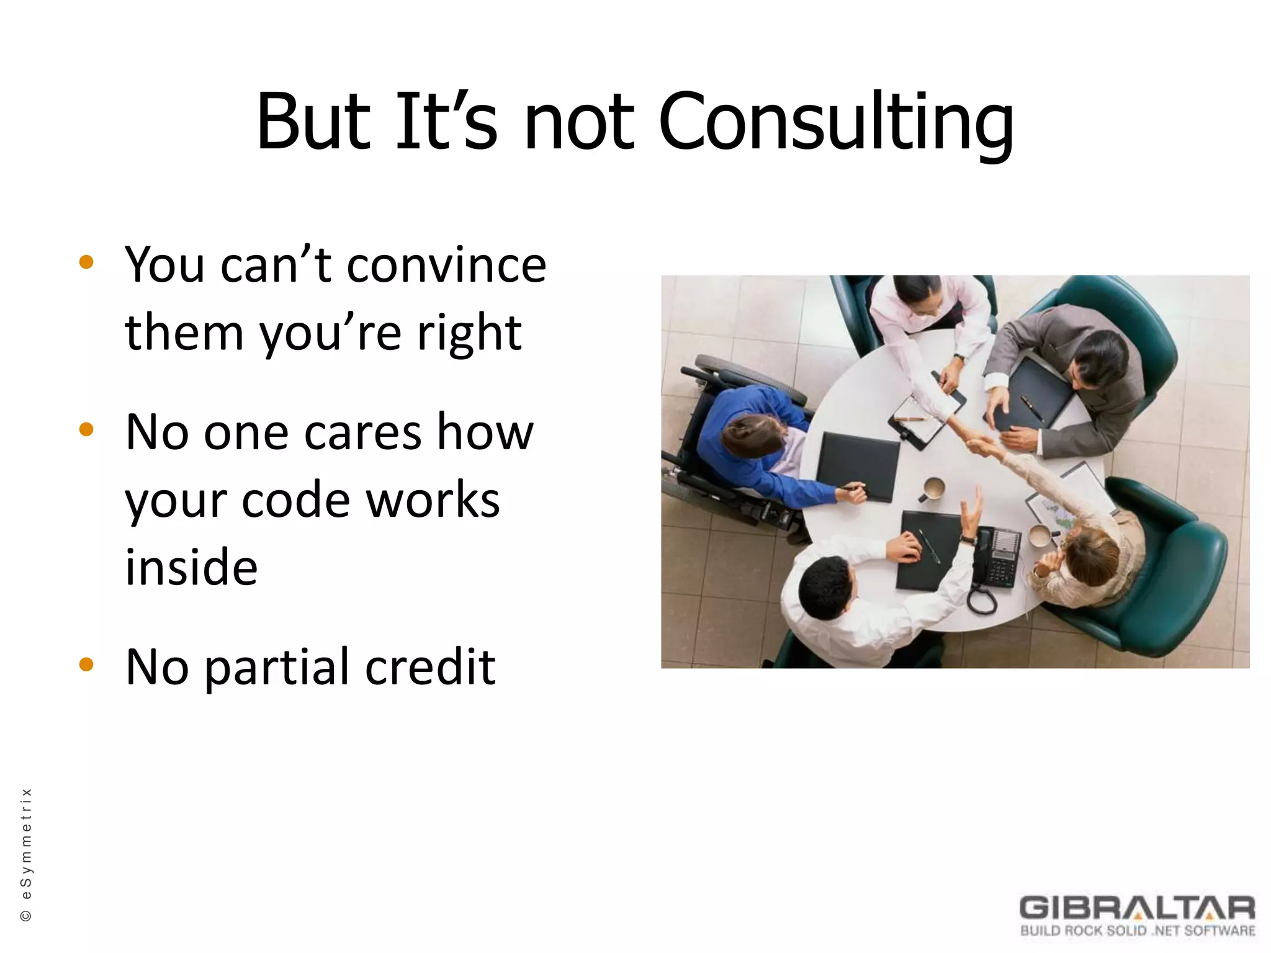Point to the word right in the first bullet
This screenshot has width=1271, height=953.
click(x=469, y=334)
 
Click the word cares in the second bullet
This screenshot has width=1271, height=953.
click(x=363, y=432)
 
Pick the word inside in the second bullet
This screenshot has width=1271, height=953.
click(x=191, y=567)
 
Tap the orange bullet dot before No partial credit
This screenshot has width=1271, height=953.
click(x=86, y=665)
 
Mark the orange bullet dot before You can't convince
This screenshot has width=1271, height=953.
click(x=86, y=262)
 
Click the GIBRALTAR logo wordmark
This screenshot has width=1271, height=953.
click(x=1137, y=908)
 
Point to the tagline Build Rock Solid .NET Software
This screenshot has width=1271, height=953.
click(x=1137, y=931)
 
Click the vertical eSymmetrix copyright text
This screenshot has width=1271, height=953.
click(x=26, y=854)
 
